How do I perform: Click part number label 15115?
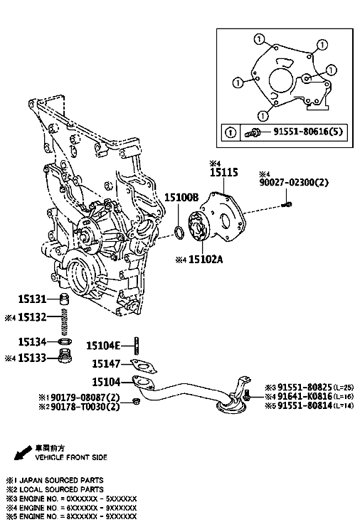pyautogui.click(x=224, y=172)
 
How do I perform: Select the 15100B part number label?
pyautogui.click(x=181, y=197)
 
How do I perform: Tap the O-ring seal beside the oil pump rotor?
pyautogui.click(x=179, y=233)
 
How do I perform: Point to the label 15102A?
pyautogui.click(x=206, y=260)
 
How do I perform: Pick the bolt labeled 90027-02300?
pyautogui.click(x=287, y=204)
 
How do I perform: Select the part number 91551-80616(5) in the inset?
pyautogui.click(x=308, y=131)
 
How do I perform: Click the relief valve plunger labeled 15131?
pyautogui.click(x=64, y=299)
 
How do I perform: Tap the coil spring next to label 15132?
pyautogui.click(x=65, y=322)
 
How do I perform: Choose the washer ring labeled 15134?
pyautogui.click(x=65, y=342)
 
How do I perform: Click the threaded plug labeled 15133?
pyautogui.click(x=65, y=356)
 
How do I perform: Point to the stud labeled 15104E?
pyautogui.click(x=136, y=345)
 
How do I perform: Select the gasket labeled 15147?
pyautogui.click(x=144, y=366)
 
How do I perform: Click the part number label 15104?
pyautogui.click(x=106, y=382)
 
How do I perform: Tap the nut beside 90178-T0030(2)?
pyautogui.click(x=136, y=401)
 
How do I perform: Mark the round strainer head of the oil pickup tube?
pyautogui.click(x=231, y=405)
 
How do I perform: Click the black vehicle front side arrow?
pyautogui.click(x=23, y=453)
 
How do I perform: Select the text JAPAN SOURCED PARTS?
pyautogui.click(x=61, y=480)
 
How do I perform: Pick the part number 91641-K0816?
pyautogui.click(x=305, y=397)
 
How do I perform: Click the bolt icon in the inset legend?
pyautogui.click(x=252, y=133)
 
